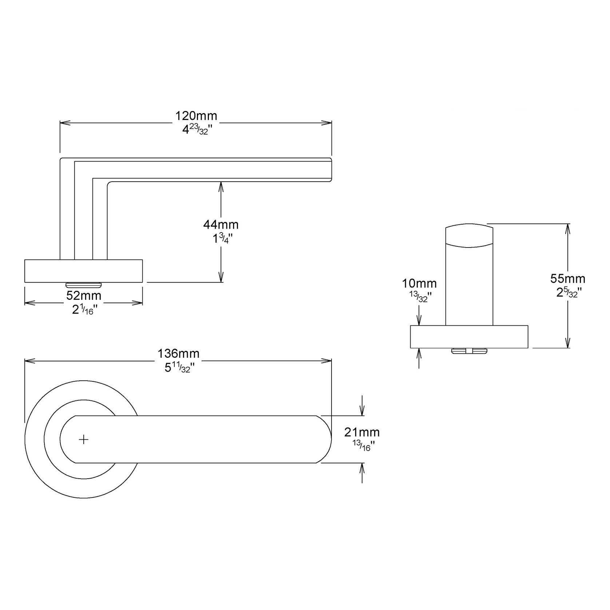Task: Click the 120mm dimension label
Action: pyautogui.click(x=196, y=116)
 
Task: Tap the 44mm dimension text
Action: pyautogui.click(x=221, y=225)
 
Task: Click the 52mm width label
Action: pyautogui.click(x=84, y=296)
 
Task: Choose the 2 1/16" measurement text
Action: pyautogui.click(x=84, y=310)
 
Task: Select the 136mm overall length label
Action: pyautogui.click(x=178, y=353)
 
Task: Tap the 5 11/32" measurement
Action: pyautogui.click(x=178, y=368)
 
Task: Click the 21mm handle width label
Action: pyautogui.click(x=362, y=432)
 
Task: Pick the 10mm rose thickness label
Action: pyautogui.click(x=419, y=283)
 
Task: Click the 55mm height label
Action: pyautogui.click(x=567, y=278)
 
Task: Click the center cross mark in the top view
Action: pyautogui.click(x=84, y=440)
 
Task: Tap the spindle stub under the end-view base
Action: pyautogui.click(x=470, y=351)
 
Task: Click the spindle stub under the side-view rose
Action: pyautogui.click(x=83, y=284)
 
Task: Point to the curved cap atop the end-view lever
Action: pyautogui.click(x=470, y=236)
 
